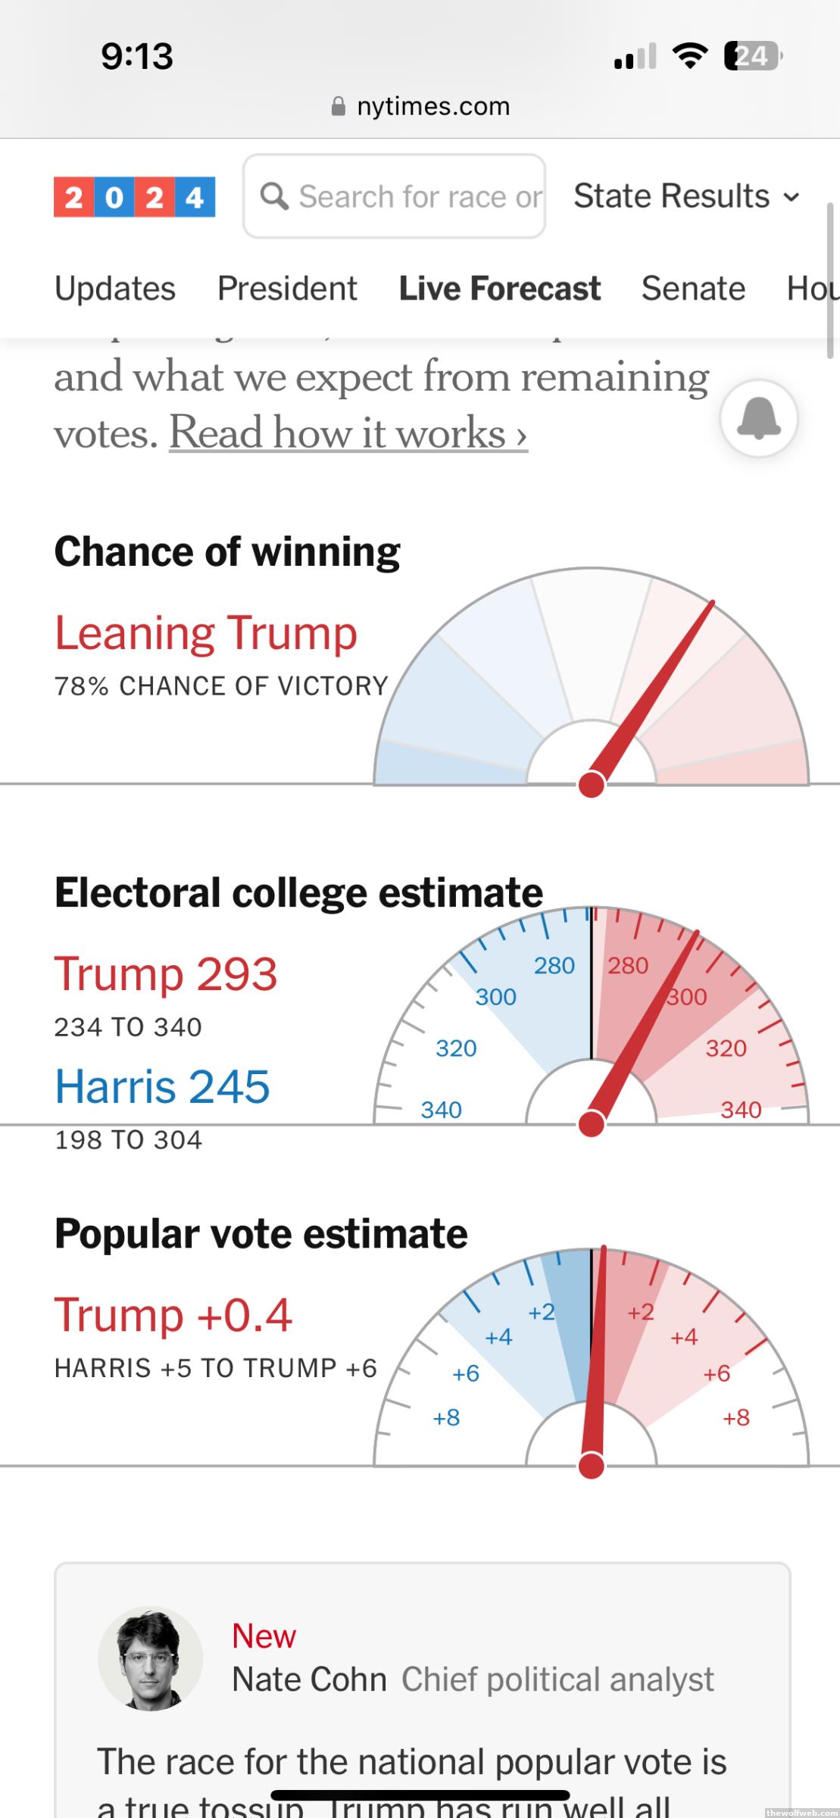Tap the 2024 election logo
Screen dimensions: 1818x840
pyautogui.click(x=134, y=197)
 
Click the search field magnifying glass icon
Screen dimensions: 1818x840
pyautogui.click(x=274, y=196)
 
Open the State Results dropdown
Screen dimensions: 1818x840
pyautogui.click(x=686, y=196)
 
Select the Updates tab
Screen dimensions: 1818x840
pyautogui.click(x=115, y=289)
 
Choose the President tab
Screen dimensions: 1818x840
pyautogui.click(x=287, y=289)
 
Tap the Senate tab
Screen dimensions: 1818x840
pyautogui.click(x=693, y=289)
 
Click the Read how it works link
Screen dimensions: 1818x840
pyautogui.click(x=348, y=433)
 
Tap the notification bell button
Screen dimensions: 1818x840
pyautogui.click(x=758, y=417)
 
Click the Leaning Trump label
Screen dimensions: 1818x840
pyautogui.click(x=206, y=633)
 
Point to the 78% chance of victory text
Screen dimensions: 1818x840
pyautogui.click(x=221, y=686)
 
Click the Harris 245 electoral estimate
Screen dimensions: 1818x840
pyautogui.click(x=162, y=1086)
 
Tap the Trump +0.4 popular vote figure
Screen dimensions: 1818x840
pyautogui.click(x=173, y=1315)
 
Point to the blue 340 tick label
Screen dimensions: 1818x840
pyautogui.click(x=441, y=1110)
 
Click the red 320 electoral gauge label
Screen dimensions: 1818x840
pyautogui.click(x=726, y=1048)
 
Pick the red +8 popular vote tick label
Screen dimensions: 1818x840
pyautogui.click(x=735, y=1417)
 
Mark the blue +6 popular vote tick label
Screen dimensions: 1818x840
pyautogui.click(x=465, y=1373)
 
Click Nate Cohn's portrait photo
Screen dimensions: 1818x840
pyautogui.click(x=151, y=1658)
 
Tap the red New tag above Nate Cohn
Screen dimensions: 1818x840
pyautogui.click(x=264, y=1635)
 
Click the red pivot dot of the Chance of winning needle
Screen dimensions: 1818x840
pyautogui.click(x=591, y=785)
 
